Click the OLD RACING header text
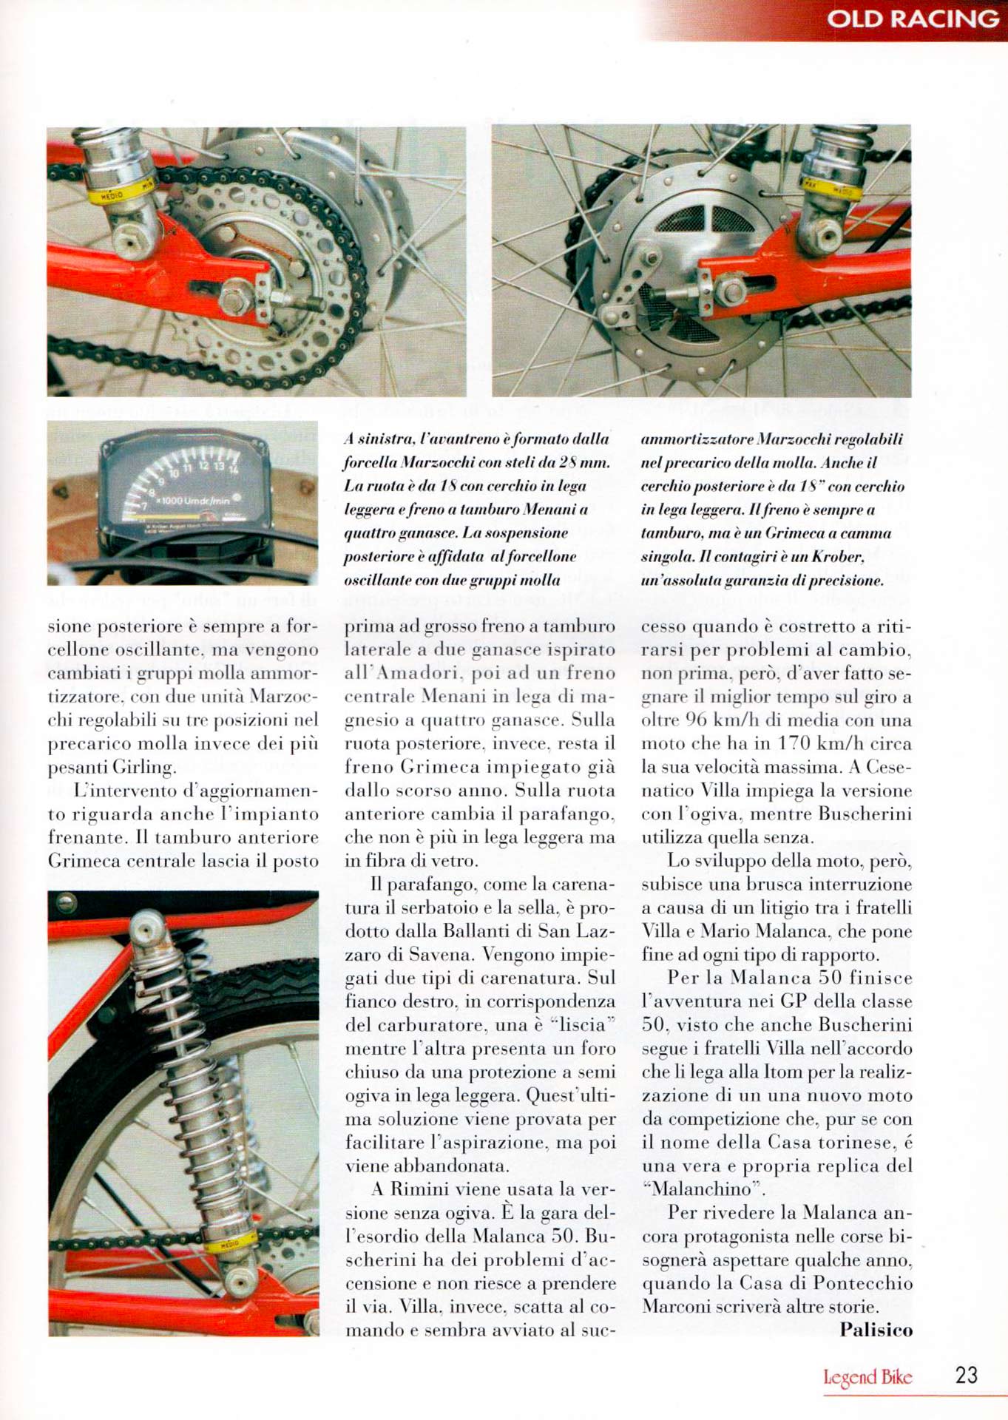click(x=912, y=18)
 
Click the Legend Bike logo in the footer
click(x=867, y=1377)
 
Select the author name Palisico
click(x=876, y=1330)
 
